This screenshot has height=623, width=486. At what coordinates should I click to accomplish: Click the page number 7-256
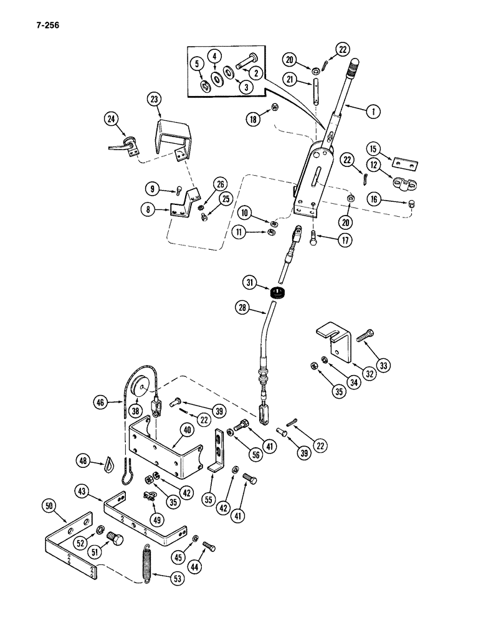43,26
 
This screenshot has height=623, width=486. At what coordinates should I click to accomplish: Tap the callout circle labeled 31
249,285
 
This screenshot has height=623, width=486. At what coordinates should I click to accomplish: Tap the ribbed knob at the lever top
353,64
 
